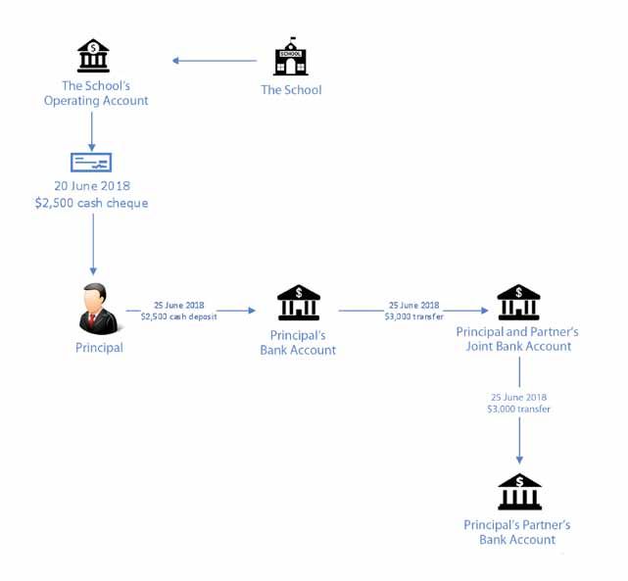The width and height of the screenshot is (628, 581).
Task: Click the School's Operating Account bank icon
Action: click(x=93, y=55)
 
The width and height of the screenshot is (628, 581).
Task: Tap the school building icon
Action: click(x=291, y=57)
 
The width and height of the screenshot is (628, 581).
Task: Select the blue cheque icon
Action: click(x=91, y=163)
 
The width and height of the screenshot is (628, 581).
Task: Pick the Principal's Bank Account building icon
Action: click(x=299, y=303)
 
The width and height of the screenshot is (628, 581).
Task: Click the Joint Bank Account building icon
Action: click(x=518, y=303)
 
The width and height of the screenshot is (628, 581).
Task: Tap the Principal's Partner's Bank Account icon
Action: click(x=519, y=492)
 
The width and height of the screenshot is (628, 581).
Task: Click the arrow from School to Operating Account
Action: click(x=215, y=61)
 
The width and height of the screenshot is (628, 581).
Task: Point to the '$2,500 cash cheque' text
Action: click(x=92, y=203)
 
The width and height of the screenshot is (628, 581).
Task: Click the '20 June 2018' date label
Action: click(x=92, y=186)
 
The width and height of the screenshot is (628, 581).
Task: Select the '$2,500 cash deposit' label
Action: click(x=178, y=316)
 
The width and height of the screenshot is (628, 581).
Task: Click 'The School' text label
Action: click(x=291, y=90)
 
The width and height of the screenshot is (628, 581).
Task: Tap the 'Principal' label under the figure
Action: click(x=99, y=348)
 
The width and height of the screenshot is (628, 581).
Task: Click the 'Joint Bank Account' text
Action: click(x=518, y=346)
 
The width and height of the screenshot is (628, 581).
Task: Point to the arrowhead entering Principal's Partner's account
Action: click(x=519, y=460)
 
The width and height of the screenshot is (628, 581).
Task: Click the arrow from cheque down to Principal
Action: click(x=93, y=244)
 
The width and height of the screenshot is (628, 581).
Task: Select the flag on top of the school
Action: click(x=293, y=39)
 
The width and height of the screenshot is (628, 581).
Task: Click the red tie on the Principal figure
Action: click(x=92, y=319)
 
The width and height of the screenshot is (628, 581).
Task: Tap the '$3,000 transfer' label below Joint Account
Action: click(x=518, y=409)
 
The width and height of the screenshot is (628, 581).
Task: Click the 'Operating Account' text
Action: click(x=96, y=101)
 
